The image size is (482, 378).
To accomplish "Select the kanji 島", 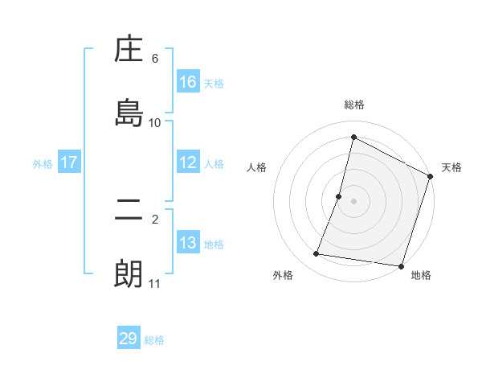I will pyautogui.click(x=129, y=112).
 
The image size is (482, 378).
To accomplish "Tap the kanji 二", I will pyautogui.click(x=129, y=212).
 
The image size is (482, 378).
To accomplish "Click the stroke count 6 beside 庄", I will pyautogui.click(x=155, y=59).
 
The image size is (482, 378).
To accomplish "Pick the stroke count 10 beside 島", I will pyautogui.click(x=155, y=122).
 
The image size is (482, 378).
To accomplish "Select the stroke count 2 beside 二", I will pyautogui.click(x=155, y=219).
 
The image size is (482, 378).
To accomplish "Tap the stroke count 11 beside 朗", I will pyautogui.click(x=155, y=283).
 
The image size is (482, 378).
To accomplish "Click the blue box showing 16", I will pyautogui.click(x=188, y=82).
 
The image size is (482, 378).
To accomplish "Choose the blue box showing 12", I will pyautogui.click(x=188, y=162).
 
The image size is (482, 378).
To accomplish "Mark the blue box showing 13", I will pyautogui.click(x=188, y=243).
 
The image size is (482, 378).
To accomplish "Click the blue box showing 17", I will pyautogui.click(x=69, y=162).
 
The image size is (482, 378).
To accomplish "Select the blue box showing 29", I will pyautogui.click(x=129, y=339).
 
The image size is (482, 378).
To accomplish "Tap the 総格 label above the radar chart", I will pyautogui.click(x=354, y=105).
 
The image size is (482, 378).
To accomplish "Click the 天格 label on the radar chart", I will pyautogui.click(x=451, y=167).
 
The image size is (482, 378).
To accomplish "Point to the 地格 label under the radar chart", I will pyautogui.click(x=421, y=275).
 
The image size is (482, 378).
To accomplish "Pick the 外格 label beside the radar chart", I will pyautogui.click(x=283, y=275).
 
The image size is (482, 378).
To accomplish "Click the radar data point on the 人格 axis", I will pyautogui.click(x=339, y=196).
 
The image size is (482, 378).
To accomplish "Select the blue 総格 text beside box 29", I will pyautogui.click(x=154, y=339).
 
